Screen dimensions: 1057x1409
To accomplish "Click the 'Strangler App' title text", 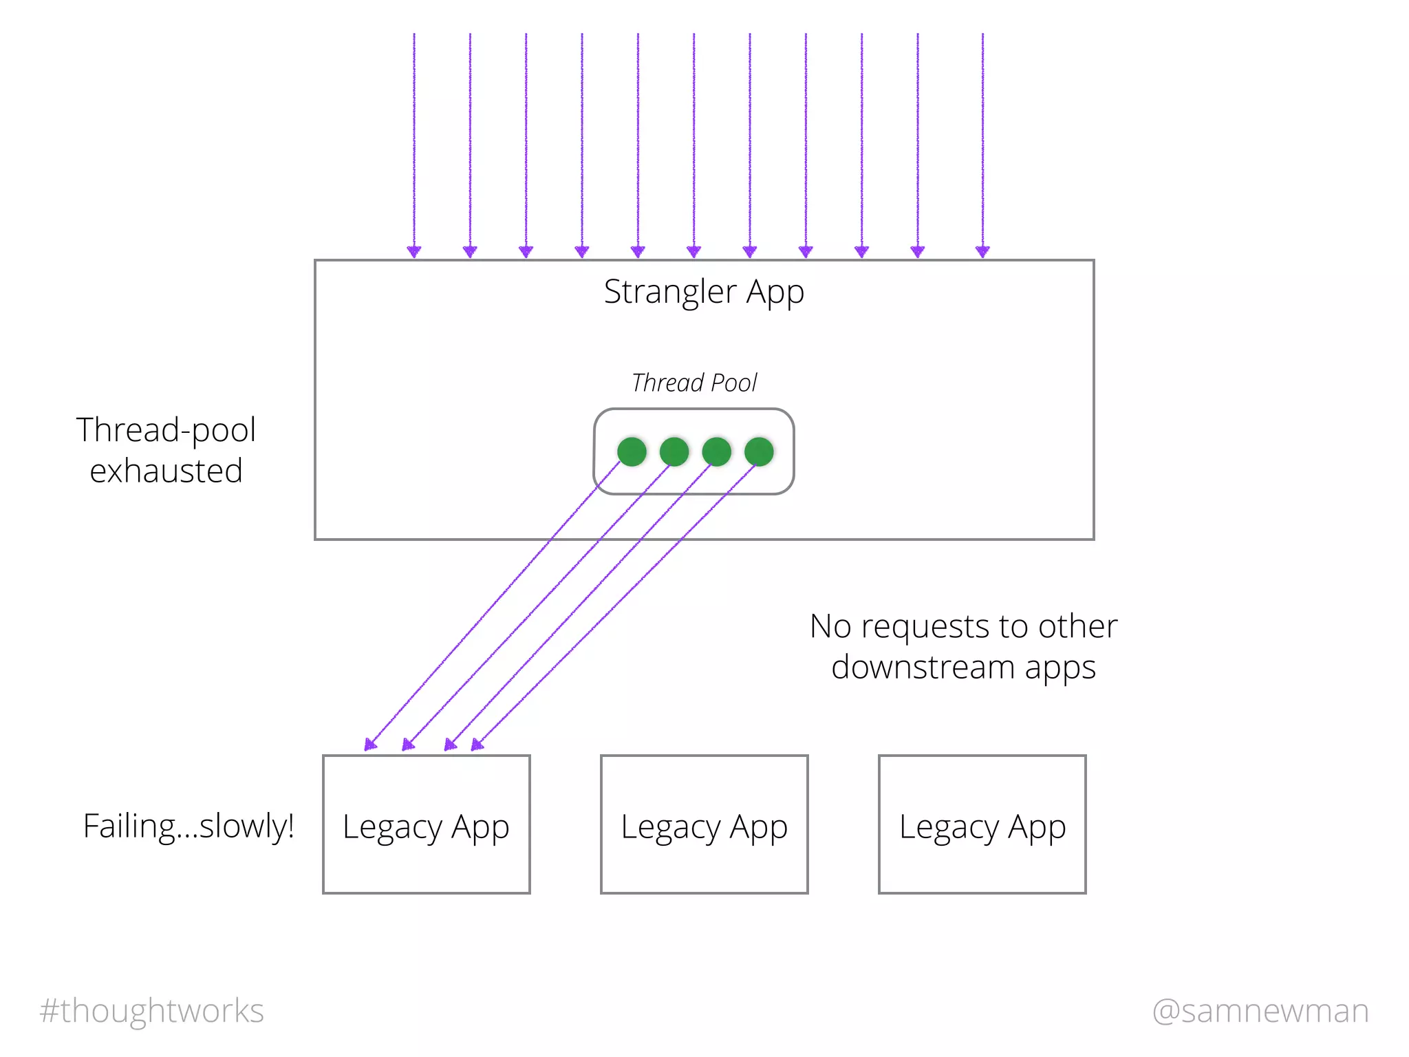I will point(704,292).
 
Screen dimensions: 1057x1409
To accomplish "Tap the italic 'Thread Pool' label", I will point(694,383).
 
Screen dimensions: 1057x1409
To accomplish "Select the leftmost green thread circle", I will point(632,451).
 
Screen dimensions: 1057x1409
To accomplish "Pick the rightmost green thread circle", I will point(759,451).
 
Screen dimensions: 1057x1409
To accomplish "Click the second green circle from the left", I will point(674,451).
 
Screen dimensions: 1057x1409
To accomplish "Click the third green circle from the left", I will point(716,451).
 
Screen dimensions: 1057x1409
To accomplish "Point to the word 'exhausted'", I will point(166,471).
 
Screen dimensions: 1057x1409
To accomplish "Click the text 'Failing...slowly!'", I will point(189,826).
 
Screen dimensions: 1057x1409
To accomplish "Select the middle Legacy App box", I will point(704,824).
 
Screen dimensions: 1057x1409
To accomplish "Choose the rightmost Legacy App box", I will point(982,824).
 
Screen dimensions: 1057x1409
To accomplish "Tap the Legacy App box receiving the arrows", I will point(426,824).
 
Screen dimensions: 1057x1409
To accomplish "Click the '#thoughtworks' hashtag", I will point(152,1011).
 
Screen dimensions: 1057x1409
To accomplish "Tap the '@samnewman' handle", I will point(1260,1011).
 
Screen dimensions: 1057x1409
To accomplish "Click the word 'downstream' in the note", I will point(923,668).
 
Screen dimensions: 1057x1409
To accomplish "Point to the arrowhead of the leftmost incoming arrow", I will point(414,251).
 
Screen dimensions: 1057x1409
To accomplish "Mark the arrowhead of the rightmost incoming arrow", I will point(982,251).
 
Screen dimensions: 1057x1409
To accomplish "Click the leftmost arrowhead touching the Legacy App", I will point(370,745).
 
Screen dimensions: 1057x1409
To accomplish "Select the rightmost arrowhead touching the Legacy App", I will point(477,745).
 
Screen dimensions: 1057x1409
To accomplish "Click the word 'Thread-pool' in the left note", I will point(166,430).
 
